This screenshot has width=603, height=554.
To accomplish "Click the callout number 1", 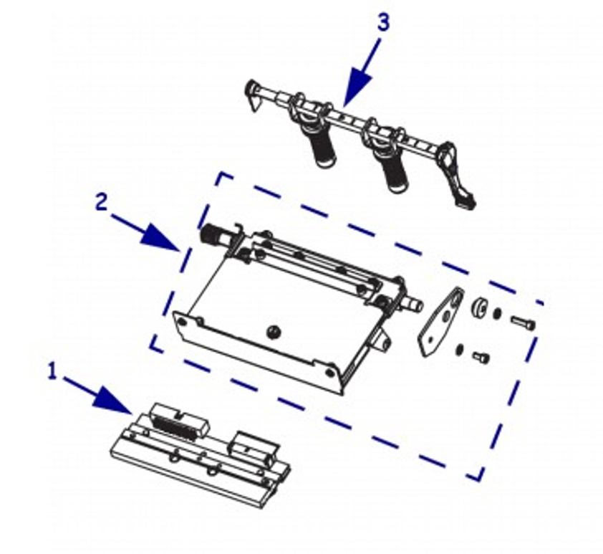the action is click(x=52, y=371).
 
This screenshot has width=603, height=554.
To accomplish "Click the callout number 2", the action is click(x=102, y=202).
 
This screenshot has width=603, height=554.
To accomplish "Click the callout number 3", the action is click(x=383, y=22).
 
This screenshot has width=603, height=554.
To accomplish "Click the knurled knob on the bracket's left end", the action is click(x=210, y=233).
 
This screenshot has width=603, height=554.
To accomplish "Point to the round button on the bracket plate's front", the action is click(x=274, y=332).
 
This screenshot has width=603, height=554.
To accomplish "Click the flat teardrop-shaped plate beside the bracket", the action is click(x=440, y=322).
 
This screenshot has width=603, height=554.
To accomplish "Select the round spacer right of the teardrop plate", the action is click(x=481, y=307).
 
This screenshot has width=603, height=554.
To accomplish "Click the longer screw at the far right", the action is click(x=524, y=323).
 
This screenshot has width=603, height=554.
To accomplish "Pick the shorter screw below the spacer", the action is click(x=481, y=357).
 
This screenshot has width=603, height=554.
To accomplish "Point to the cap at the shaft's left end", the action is click(x=253, y=95).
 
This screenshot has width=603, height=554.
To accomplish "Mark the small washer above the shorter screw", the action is click(x=458, y=350).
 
